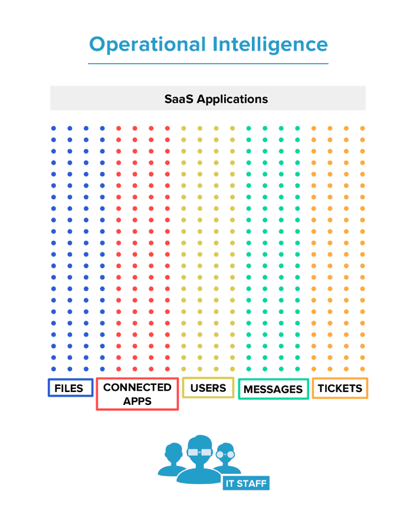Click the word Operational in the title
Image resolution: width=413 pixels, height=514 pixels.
[147, 45]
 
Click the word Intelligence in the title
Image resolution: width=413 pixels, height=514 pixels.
[270, 45]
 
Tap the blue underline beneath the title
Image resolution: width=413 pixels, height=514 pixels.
[208, 64]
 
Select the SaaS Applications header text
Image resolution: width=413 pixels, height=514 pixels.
[216, 100]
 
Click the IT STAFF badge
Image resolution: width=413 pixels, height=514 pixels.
[246, 483]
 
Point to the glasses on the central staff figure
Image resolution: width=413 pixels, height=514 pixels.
[199, 452]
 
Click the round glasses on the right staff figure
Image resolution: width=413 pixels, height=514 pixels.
[225, 454]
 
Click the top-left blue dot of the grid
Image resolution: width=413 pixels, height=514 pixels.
[54, 128]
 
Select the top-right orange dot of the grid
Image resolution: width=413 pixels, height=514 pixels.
[362, 128]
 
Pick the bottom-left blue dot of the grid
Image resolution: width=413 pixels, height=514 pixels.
[54, 369]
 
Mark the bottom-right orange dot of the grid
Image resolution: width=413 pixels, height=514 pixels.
[362, 369]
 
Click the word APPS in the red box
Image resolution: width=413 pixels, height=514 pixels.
[137, 401]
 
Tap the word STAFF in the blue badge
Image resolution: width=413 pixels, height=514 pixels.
[251, 483]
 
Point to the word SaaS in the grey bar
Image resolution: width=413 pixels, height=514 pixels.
[179, 99]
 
